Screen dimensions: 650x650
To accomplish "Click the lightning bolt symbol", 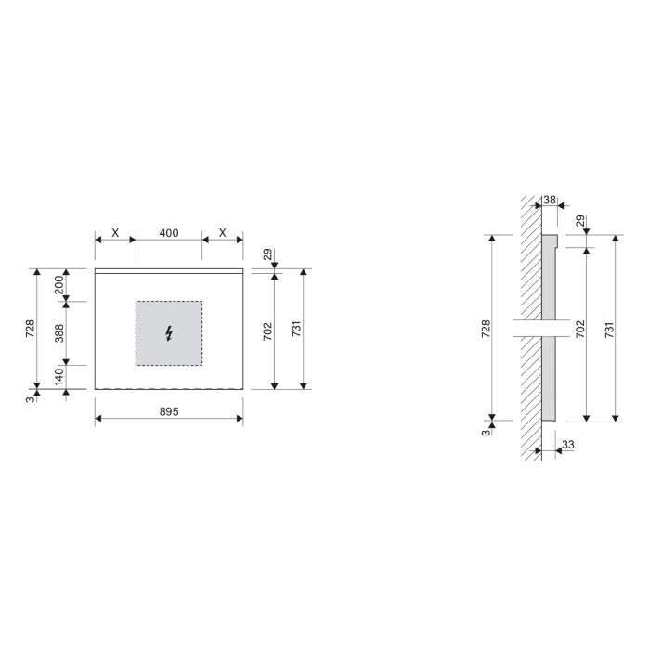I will pos(168,333).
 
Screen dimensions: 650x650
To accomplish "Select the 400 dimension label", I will pos(168,232).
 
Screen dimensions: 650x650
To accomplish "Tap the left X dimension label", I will pos(115,232).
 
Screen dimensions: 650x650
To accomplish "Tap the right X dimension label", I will pos(222,232).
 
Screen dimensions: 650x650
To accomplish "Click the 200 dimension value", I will pos(58,285).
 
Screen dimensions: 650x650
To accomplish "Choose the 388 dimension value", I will pos(58,333).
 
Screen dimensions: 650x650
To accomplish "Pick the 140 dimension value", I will pos(58,377).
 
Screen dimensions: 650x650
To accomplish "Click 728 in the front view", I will pos(30,329).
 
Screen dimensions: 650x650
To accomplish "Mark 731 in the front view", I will pos(296,329).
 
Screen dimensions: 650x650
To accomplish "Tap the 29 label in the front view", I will pos(266,253).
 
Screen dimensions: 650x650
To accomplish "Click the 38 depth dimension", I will pos(549,200).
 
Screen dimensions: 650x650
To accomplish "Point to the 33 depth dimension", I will pos(567,446).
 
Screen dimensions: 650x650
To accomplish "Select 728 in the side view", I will pos(485,329).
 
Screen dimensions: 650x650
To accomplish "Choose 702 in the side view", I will pos(579,329).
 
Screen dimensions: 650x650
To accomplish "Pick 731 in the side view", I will pos(609,329).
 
